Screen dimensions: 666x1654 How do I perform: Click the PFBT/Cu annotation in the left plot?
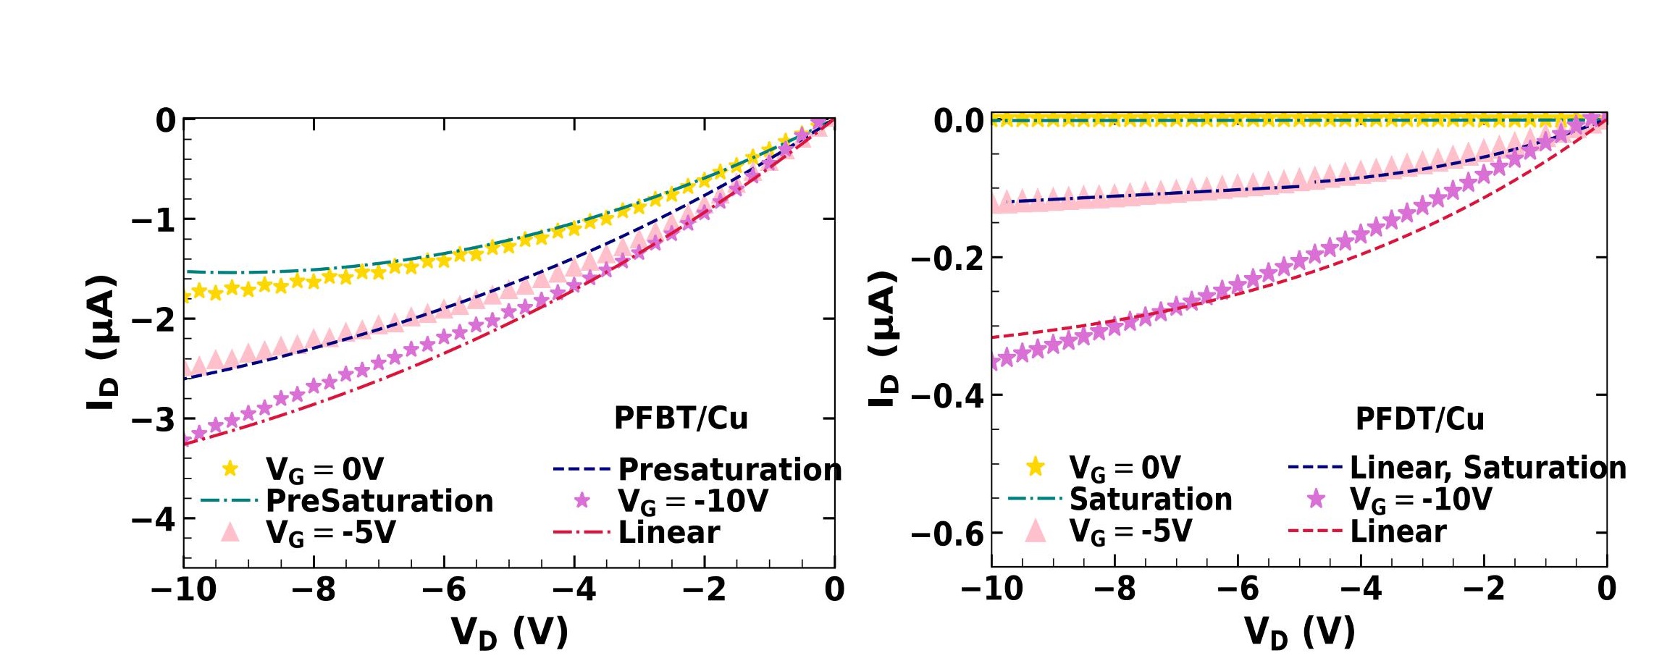(x=681, y=418)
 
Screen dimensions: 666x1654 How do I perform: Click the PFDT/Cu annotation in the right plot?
(x=1419, y=419)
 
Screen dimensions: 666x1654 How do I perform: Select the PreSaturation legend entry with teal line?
(x=379, y=501)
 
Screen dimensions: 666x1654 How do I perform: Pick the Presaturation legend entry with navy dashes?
(x=729, y=470)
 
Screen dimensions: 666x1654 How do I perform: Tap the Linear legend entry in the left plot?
(x=668, y=533)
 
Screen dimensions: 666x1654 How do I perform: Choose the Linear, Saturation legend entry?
(x=1488, y=468)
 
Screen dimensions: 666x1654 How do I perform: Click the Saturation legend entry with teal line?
(x=1151, y=499)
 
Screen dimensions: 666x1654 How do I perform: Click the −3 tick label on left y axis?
(x=154, y=419)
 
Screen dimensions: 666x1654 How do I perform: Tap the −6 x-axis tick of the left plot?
(x=444, y=589)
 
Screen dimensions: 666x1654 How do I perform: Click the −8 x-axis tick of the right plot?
(x=1114, y=589)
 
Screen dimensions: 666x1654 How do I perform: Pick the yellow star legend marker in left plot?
(x=230, y=469)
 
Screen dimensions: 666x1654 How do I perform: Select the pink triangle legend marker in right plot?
(x=1036, y=531)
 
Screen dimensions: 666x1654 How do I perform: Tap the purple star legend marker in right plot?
(x=1316, y=499)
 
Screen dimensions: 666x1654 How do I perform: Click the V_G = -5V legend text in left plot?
(x=331, y=533)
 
